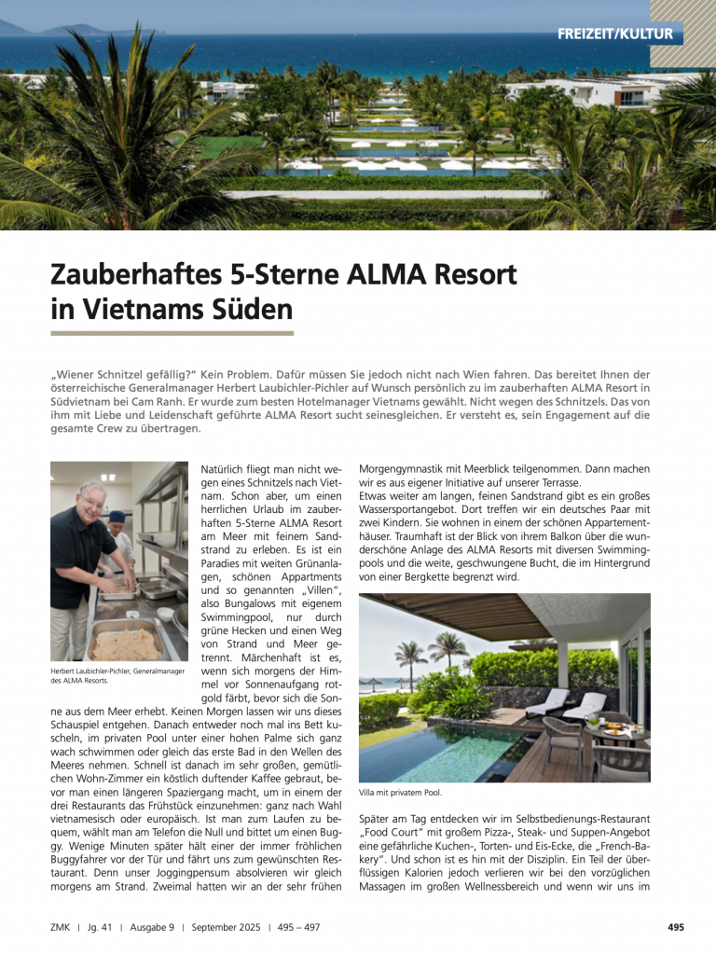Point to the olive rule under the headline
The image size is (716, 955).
tap(172, 333)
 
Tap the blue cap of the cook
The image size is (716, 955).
tap(117, 517)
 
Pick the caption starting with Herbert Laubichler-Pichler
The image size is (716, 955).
tap(117, 675)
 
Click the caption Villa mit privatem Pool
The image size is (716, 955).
tap(400, 793)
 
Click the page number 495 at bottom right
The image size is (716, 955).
tap(676, 927)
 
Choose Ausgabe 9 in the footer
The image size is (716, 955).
tap(150, 927)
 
